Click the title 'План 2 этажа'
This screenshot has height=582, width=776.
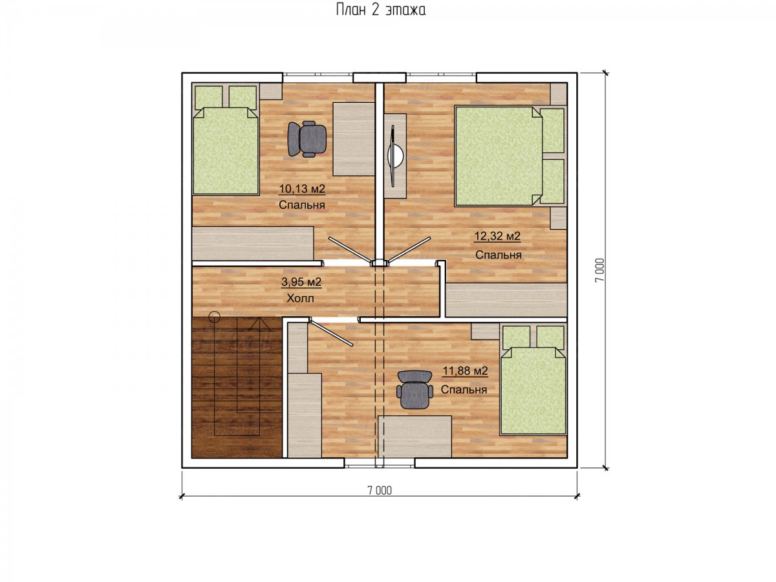point(380,10)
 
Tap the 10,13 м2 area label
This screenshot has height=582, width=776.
point(301,189)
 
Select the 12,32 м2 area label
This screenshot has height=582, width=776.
point(497,236)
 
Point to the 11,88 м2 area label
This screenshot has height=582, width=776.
point(465,371)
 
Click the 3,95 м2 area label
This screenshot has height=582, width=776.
point(301,282)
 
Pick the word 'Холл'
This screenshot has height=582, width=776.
point(300,298)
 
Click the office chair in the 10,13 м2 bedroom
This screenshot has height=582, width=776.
point(307,139)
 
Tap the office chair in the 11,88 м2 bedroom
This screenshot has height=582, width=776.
point(415,390)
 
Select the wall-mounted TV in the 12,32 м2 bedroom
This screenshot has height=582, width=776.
point(395,156)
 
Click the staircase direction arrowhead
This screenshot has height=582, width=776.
point(259,324)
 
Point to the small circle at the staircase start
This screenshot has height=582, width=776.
point(214,317)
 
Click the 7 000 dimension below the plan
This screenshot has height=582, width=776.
point(380,490)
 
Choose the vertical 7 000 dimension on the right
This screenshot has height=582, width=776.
point(600,270)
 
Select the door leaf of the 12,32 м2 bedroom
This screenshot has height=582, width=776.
point(409,250)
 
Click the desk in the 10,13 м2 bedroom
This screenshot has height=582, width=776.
point(354,139)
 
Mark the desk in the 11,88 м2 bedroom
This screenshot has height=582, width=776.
point(415,436)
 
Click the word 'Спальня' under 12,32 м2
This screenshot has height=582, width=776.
point(498,255)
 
